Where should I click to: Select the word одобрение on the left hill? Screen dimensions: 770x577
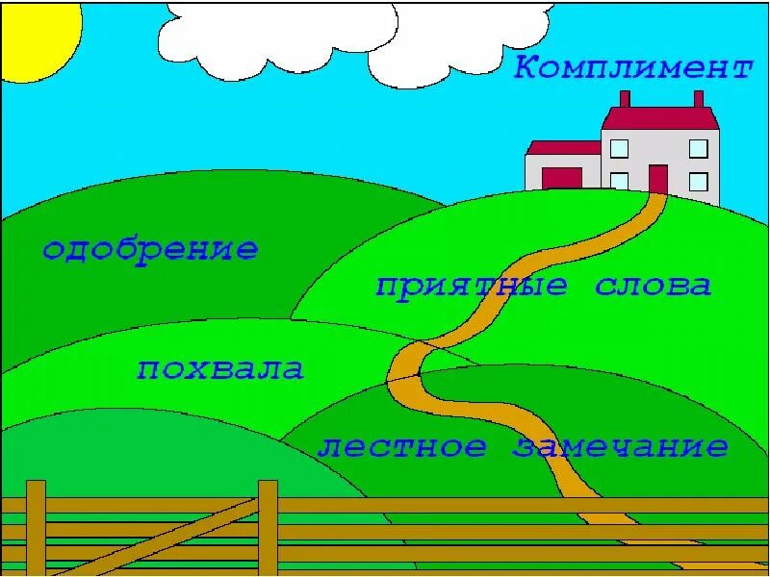[150, 251]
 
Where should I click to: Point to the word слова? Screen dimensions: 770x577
[654, 286]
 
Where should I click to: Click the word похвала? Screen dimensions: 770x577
[220, 369]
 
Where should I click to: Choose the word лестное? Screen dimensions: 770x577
[402, 447]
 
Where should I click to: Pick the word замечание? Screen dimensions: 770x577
[621, 447]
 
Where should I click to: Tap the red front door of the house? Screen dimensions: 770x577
[658, 179]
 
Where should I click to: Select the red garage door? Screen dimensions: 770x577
[562, 179]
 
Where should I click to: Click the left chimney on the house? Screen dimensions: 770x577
[625, 98]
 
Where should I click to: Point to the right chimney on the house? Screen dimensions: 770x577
[699, 98]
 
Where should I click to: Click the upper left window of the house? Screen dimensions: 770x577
[619, 148]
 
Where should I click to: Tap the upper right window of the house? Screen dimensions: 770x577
[699, 148]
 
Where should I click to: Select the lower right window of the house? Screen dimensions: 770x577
[699, 181]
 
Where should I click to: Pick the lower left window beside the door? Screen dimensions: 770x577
[619, 181]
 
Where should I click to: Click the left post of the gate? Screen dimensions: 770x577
[36, 528]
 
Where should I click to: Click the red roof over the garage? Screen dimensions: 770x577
[564, 148]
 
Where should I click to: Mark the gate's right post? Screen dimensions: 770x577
[268, 528]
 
